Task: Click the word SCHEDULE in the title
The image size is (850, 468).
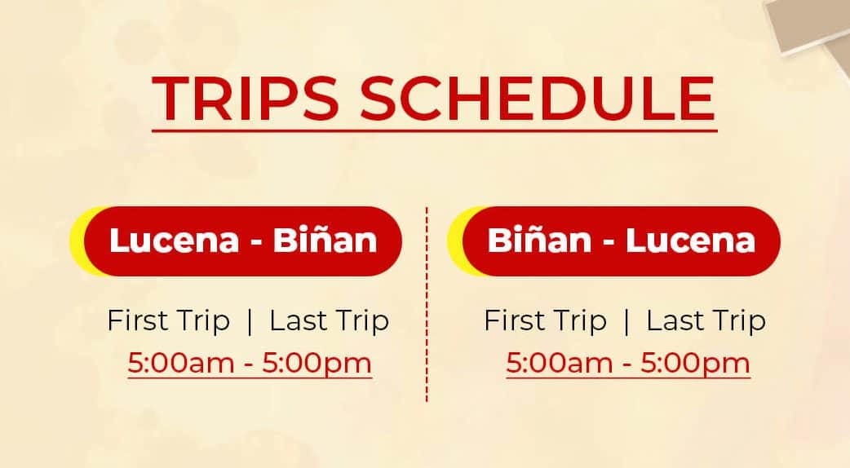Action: coord(538,98)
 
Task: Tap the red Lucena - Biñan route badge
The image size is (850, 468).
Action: coord(243,241)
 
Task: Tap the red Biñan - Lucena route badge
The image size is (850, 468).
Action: coord(622,241)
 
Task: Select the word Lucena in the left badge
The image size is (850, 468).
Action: coord(174,240)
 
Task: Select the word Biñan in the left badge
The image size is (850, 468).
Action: coord(325,240)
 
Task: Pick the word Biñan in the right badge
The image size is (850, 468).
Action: coord(539,240)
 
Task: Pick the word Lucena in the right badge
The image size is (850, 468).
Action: coord(691,240)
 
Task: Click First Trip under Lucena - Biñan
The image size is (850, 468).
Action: coord(169,320)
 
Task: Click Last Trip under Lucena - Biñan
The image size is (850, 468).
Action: coord(330,320)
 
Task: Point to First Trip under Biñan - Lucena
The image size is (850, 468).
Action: coord(546,320)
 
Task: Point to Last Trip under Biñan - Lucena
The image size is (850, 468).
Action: coord(706,320)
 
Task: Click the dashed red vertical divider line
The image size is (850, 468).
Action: coord(427,304)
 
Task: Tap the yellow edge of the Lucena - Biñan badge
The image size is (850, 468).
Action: coord(77,241)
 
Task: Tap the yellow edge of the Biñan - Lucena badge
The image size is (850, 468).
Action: coord(455,241)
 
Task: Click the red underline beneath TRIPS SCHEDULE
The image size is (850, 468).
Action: coord(435,130)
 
